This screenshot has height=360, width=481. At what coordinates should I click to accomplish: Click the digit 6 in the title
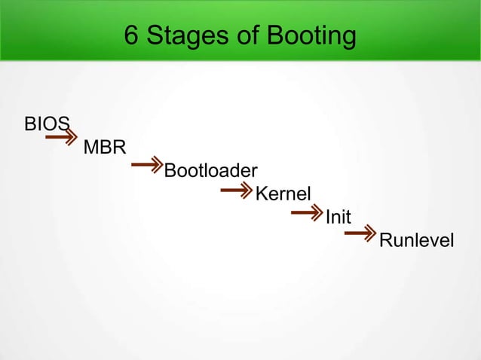(x=130, y=36)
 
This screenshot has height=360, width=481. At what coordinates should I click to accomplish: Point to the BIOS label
(x=47, y=123)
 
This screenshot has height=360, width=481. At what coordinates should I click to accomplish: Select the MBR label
(x=104, y=147)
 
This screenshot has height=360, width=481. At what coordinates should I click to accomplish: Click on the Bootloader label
(x=211, y=170)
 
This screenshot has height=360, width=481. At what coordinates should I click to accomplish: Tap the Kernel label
(x=283, y=194)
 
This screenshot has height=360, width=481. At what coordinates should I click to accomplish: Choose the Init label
(x=338, y=218)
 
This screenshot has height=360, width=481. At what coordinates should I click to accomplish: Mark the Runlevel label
(x=416, y=241)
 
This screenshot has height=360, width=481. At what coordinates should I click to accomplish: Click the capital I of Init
(x=327, y=218)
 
